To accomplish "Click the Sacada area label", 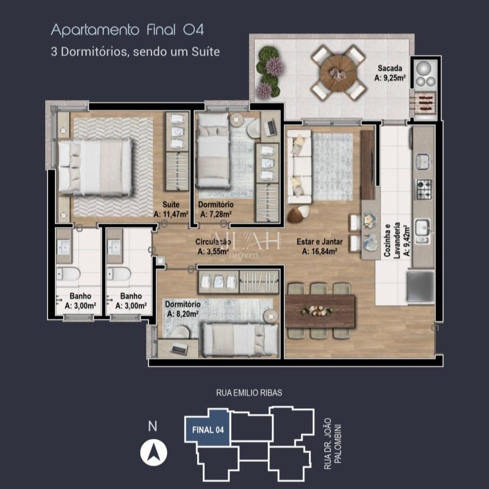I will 390,73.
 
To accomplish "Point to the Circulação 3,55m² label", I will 213,246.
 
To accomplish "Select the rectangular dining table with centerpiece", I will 320,311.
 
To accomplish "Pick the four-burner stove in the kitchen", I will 423,189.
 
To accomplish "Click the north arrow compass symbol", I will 154,451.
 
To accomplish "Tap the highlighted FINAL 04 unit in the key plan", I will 208,429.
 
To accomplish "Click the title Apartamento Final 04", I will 127,30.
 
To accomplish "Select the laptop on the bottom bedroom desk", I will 178,348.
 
